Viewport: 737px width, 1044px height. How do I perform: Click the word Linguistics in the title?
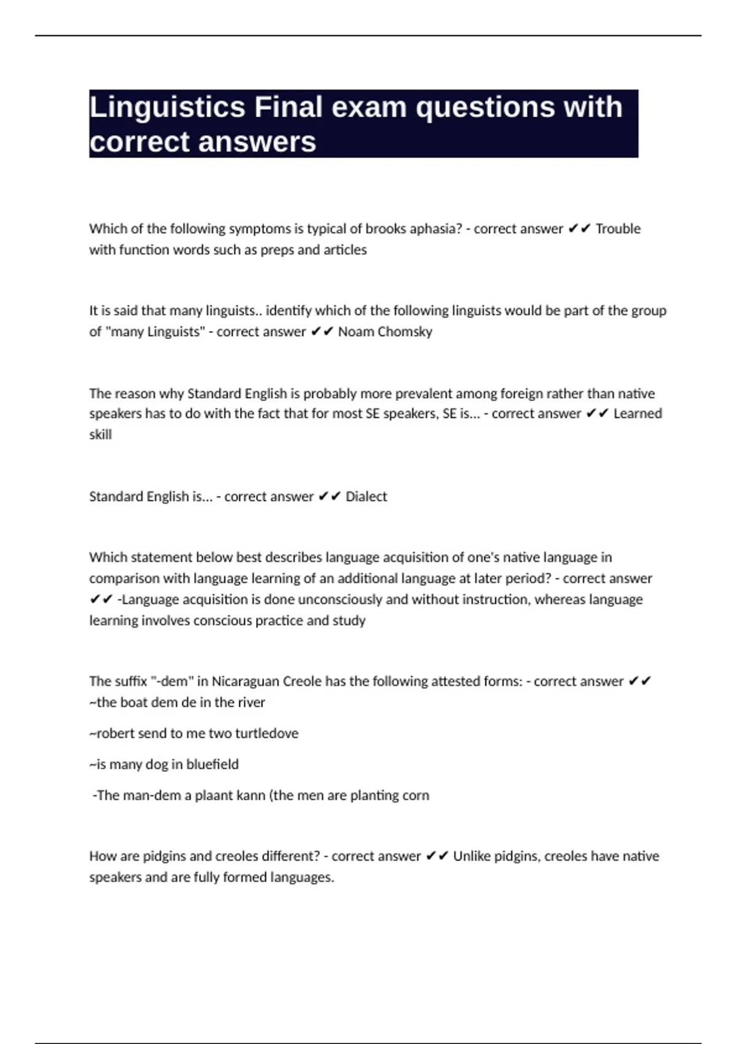tap(168, 107)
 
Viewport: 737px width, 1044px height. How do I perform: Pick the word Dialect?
tap(366, 497)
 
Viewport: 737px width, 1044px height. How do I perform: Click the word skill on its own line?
tap(100, 435)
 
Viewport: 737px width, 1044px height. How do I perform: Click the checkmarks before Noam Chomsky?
tap(322, 332)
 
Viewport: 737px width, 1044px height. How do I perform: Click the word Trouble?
tap(618, 229)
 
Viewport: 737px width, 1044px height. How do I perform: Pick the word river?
tap(251, 703)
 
